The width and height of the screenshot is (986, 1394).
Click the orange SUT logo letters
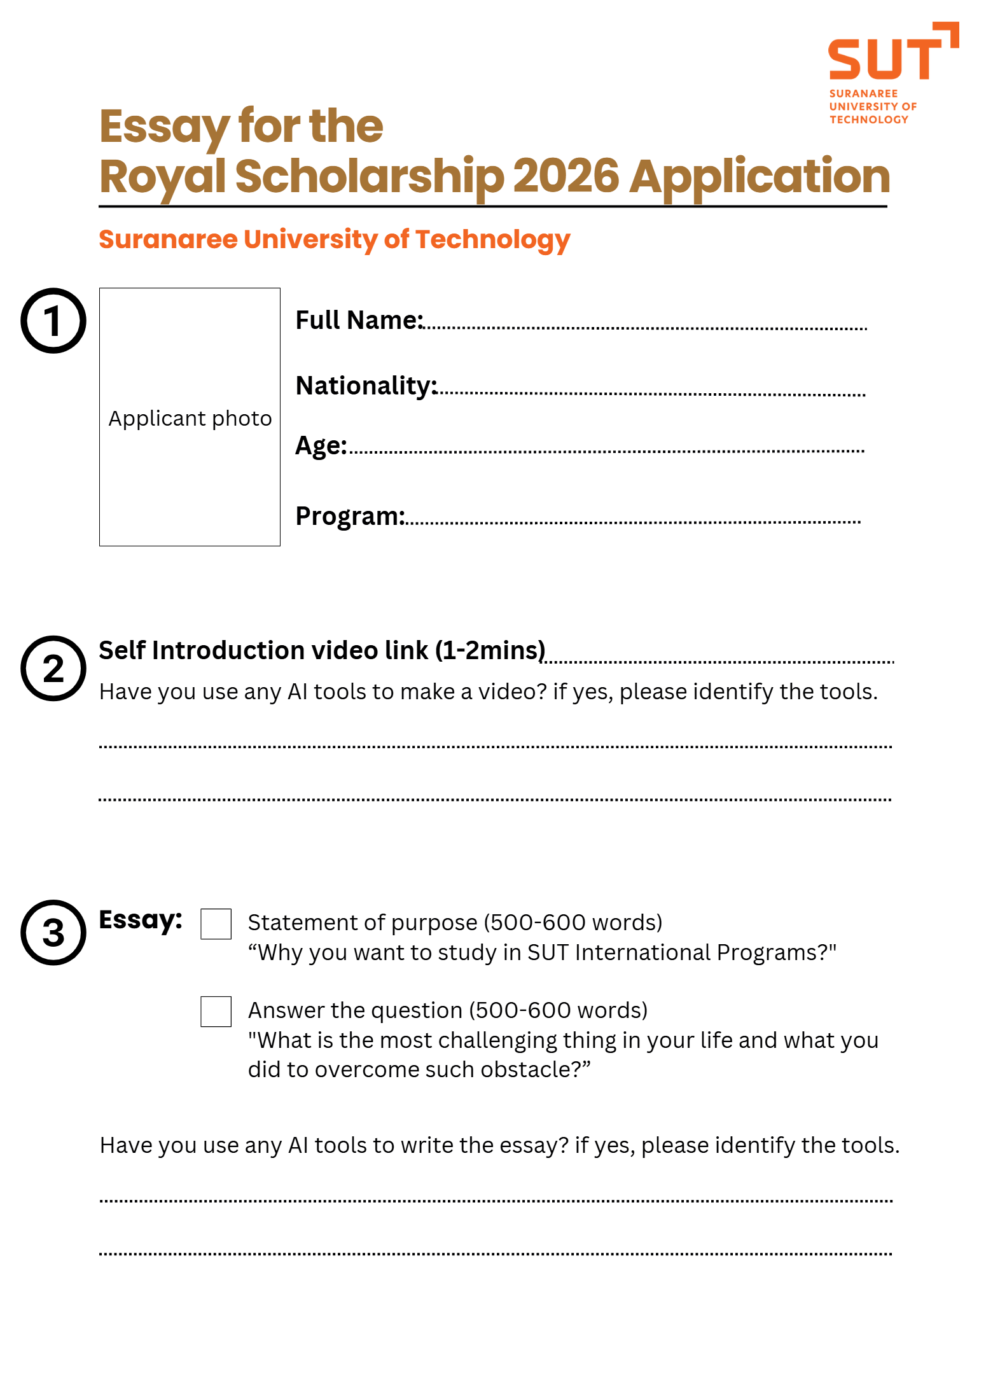coord(885,59)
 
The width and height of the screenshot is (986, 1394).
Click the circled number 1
coord(53,321)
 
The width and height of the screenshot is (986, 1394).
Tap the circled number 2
coord(53,668)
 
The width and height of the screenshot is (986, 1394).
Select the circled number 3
coord(53,932)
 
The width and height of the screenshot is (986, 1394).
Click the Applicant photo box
coord(190,417)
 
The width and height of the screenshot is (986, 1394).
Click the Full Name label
coord(359,320)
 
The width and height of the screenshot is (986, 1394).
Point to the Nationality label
coord(366,386)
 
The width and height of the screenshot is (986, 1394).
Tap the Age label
coord(321,445)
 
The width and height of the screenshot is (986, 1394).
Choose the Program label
coord(350,516)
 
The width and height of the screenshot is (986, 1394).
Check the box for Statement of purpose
coord(216,924)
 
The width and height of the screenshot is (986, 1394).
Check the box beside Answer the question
coord(216,1011)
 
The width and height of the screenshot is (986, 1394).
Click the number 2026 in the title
coord(566,176)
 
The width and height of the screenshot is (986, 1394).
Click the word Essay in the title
coord(164,127)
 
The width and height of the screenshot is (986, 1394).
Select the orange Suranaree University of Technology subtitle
coord(335,239)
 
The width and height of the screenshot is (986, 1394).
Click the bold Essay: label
coord(141,920)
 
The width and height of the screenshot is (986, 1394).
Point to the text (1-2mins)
coord(490,650)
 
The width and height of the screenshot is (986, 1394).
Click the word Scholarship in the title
coord(369,176)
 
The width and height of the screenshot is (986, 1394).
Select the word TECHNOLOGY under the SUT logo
coord(868,120)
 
